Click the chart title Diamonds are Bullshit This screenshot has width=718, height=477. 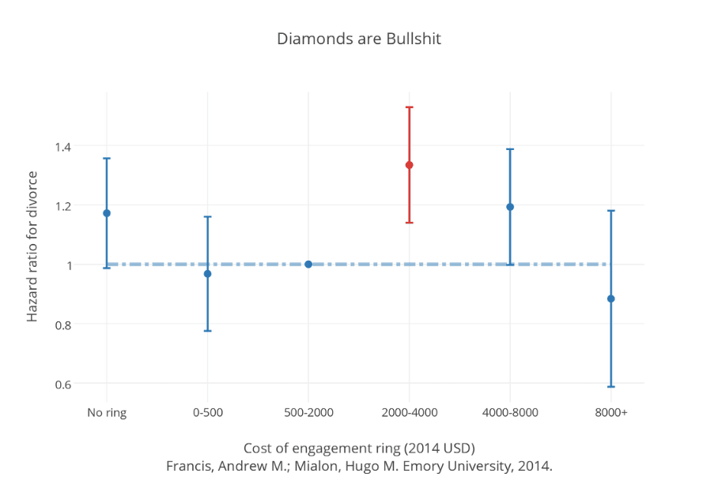click(x=359, y=39)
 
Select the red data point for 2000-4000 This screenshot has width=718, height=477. click(x=410, y=165)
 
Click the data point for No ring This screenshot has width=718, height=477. click(x=107, y=213)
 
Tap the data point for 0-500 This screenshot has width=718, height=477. click(x=208, y=274)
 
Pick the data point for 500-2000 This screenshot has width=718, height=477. click(x=308, y=265)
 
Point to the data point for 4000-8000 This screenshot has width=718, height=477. click(x=510, y=207)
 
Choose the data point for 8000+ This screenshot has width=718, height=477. click(x=611, y=299)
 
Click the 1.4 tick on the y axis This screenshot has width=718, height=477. click(x=63, y=146)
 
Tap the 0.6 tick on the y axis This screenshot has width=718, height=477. click(x=63, y=384)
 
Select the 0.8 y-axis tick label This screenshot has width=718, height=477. click(x=63, y=325)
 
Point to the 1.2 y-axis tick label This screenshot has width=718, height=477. click(x=63, y=206)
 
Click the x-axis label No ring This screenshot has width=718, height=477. click(x=107, y=412)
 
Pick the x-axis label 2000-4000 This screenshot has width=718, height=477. click(x=410, y=412)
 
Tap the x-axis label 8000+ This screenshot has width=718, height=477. click(x=611, y=412)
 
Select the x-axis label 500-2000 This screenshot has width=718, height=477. click(x=308, y=412)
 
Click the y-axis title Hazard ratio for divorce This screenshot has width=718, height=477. click(x=32, y=247)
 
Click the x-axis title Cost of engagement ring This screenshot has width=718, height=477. click(x=359, y=448)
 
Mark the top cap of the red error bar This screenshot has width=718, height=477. click(x=410, y=107)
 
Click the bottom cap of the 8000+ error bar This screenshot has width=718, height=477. click(x=611, y=386)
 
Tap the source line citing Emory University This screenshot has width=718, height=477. click(x=359, y=465)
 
